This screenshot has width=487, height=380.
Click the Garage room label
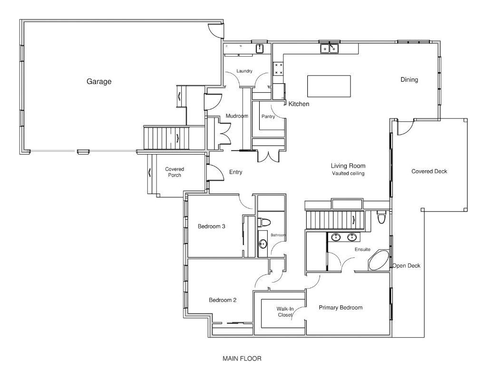pyautogui.click(x=99, y=82)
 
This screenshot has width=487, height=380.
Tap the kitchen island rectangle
pyautogui.click(x=329, y=86)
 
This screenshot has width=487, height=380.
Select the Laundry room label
pyautogui.click(x=244, y=71)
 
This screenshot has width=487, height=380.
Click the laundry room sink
pyautogui.click(x=260, y=49)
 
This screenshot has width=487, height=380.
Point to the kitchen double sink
pyautogui.click(x=330, y=49)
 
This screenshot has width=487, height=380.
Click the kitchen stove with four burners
pyautogui.click(x=278, y=68)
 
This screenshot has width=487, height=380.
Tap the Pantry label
pyautogui.click(x=268, y=117)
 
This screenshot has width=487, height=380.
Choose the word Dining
pyautogui.click(x=409, y=80)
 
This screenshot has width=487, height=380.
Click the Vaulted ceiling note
pyautogui.click(x=348, y=174)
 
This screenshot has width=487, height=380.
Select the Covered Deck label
pyautogui.click(x=429, y=171)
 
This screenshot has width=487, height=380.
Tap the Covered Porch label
pyautogui.click(x=175, y=172)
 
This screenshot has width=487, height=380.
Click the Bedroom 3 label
pyautogui.click(x=212, y=226)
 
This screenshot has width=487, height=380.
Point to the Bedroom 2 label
pyautogui.click(x=223, y=300)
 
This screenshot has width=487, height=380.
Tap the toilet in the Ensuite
pyautogui.click(x=381, y=217)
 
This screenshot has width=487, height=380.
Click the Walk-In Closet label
pyautogui.click(x=285, y=312)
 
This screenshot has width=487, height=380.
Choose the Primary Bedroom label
pyautogui.click(x=341, y=308)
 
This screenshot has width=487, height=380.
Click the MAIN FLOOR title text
pyautogui.click(x=242, y=359)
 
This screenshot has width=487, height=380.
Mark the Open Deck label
pyautogui.click(x=406, y=266)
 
